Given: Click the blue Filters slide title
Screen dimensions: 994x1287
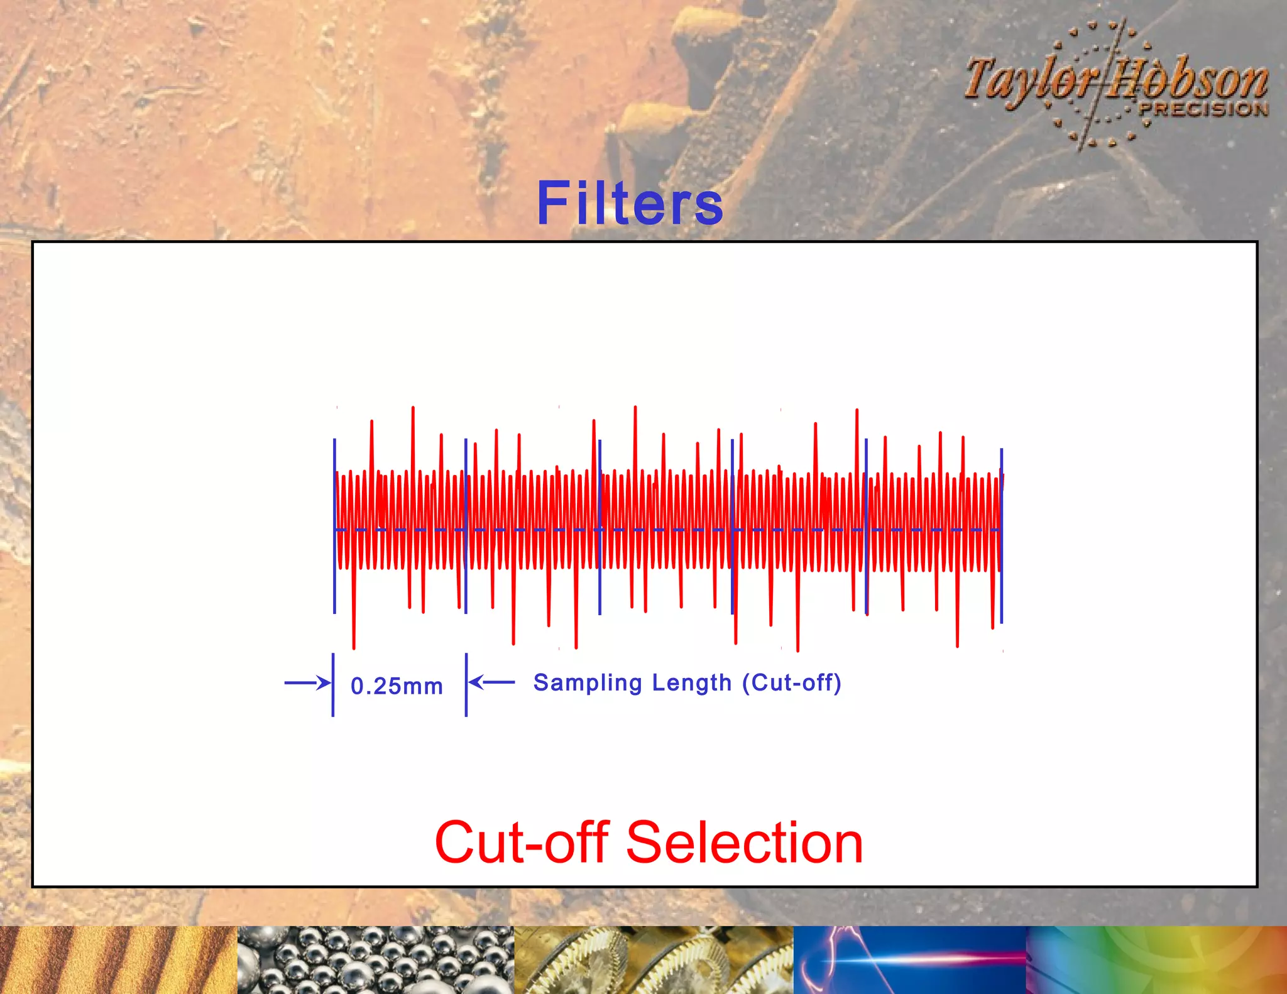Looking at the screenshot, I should click(x=630, y=203).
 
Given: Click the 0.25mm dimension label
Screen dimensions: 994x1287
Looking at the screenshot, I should click(x=397, y=686).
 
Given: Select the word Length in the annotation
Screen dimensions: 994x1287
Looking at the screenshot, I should click(x=692, y=683).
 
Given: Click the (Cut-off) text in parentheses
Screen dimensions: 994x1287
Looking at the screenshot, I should click(x=792, y=683).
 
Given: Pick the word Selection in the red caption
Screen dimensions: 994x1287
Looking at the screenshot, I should click(x=745, y=843).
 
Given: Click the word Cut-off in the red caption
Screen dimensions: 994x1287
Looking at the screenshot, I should click(x=522, y=843).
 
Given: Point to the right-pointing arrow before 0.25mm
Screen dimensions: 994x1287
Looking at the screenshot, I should click(x=307, y=683).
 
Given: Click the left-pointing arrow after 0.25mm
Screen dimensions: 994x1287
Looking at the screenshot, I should click(x=491, y=682).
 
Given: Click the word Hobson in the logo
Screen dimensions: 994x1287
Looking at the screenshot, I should click(x=1188, y=80).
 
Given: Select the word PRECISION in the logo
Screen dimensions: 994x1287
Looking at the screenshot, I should click(x=1203, y=109).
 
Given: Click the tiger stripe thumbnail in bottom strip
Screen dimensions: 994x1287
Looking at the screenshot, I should click(x=118, y=960).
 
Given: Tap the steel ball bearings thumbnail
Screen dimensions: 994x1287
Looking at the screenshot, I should click(x=376, y=960).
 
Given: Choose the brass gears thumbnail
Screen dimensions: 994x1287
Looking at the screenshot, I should click(x=654, y=960).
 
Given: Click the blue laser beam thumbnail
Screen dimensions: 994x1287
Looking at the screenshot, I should click(x=910, y=960).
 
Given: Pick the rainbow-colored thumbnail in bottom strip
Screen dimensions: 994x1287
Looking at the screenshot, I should click(x=1156, y=960).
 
